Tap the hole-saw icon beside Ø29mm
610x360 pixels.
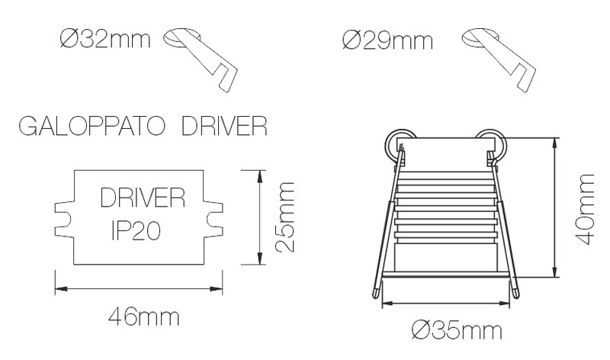click(x=499, y=57)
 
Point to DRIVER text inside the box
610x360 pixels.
click(x=143, y=200)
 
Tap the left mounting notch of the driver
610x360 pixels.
click(x=63, y=217)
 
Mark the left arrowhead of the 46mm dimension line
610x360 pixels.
click(x=58, y=289)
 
